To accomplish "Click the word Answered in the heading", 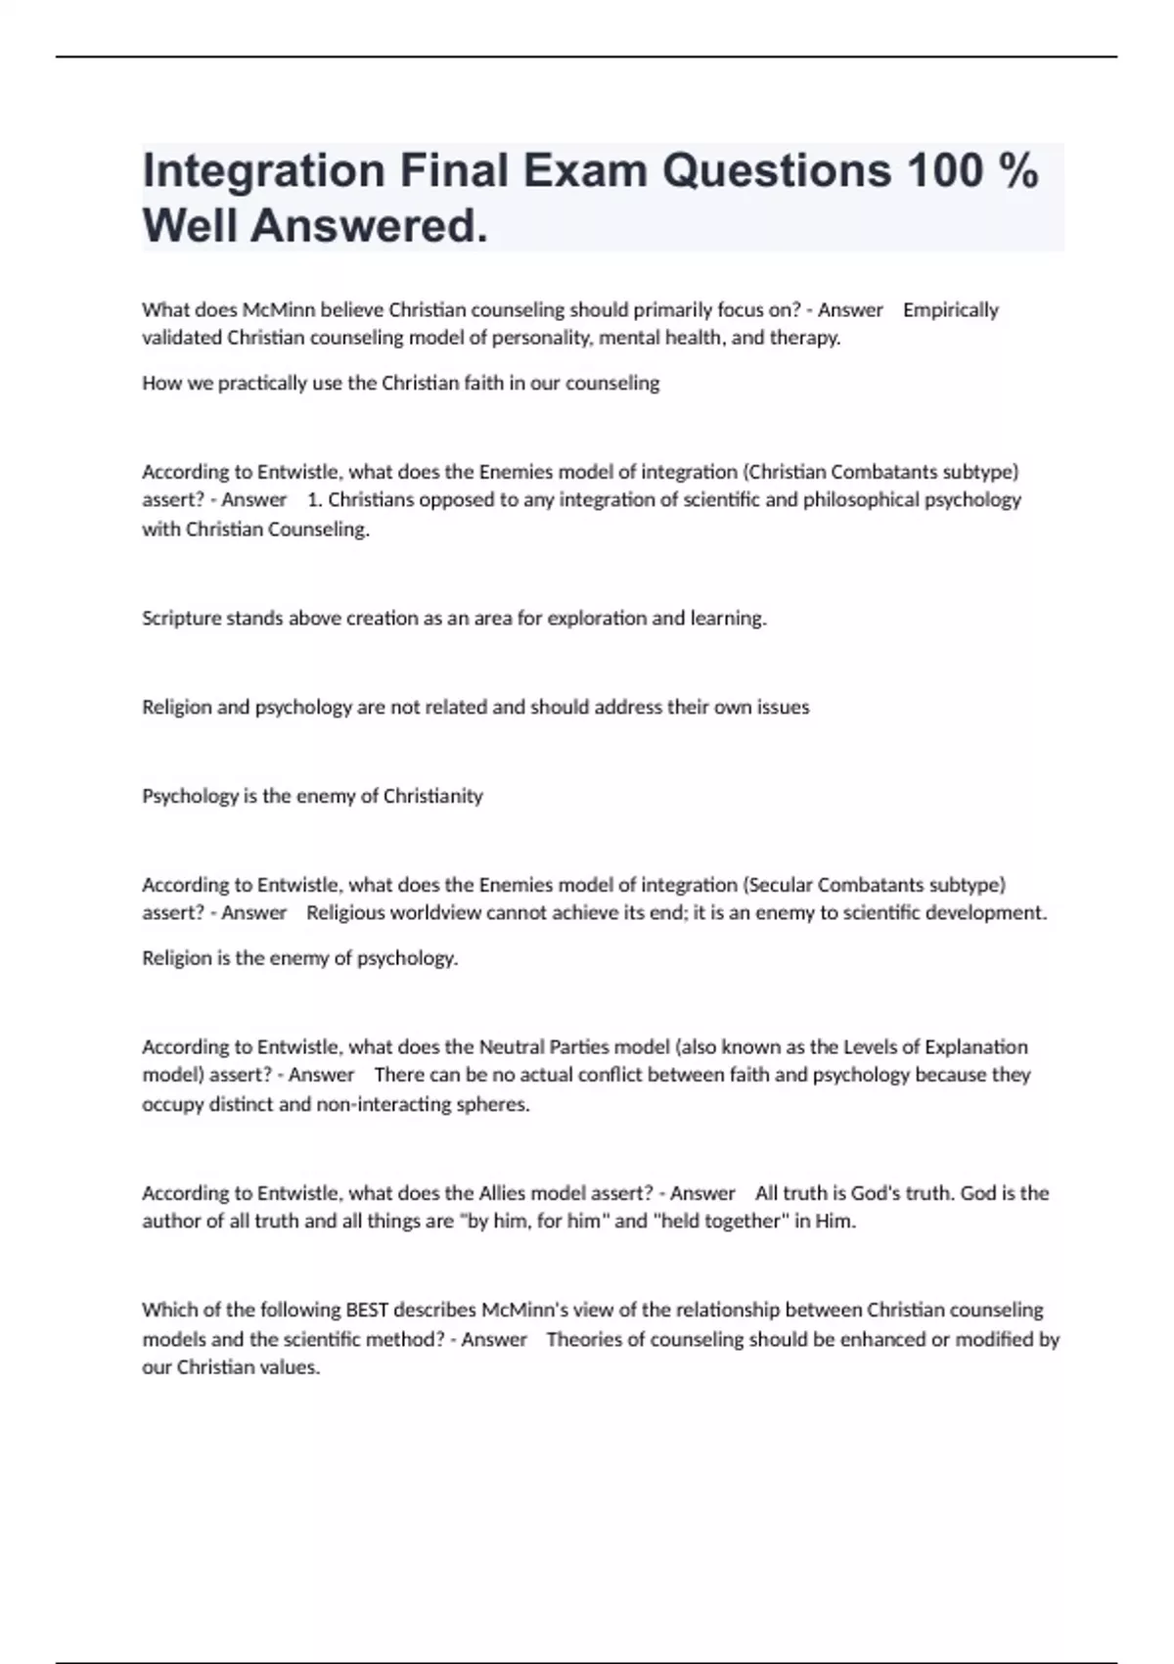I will tap(369, 226).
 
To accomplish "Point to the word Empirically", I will tap(950, 310).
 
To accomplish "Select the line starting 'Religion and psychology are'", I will tap(475, 707).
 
